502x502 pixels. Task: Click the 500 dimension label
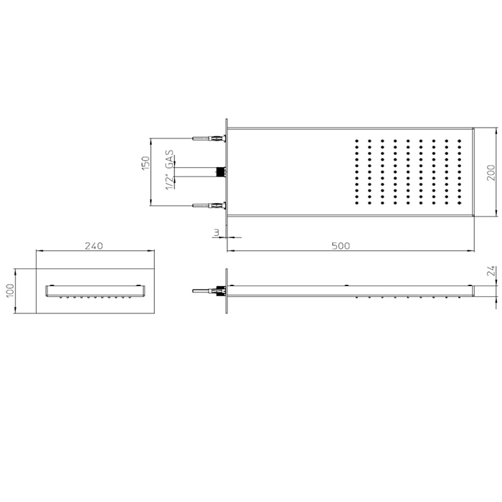(x=341, y=246)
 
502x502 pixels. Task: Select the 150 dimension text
(x=146, y=163)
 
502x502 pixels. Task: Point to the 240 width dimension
(x=94, y=246)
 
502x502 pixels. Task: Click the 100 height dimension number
(x=9, y=290)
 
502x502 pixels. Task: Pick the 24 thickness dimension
(x=491, y=271)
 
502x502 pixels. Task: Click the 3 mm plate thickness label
(x=217, y=233)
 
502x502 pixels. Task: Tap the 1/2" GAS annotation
(x=169, y=170)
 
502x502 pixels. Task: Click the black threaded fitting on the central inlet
(x=220, y=172)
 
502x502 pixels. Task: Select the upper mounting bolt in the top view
(x=209, y=138)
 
